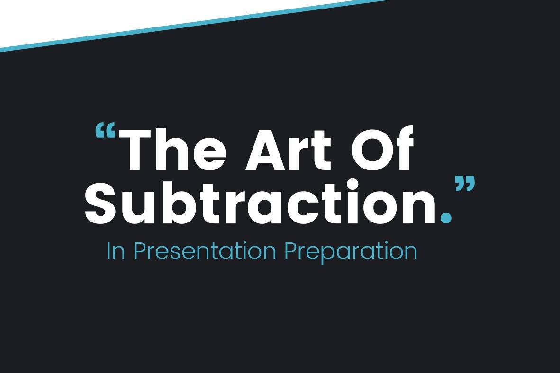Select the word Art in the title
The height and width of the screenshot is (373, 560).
click(289, 149)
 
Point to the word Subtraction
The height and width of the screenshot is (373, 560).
click(261, 203)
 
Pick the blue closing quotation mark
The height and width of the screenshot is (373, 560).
click(465, 184)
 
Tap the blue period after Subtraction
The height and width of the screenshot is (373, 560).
click(446, 217)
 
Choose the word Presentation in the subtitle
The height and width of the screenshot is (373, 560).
click(205, 251)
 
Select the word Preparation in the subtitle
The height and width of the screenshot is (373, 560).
click(351, 252)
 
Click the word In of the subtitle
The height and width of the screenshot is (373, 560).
click(116, 251)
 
